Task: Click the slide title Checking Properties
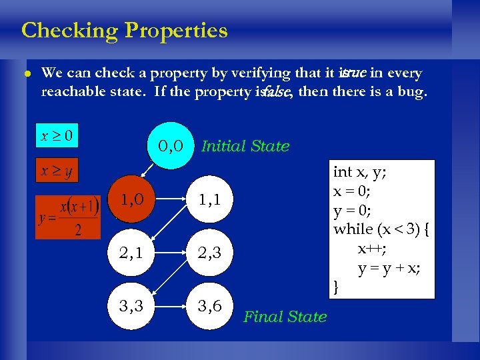pyautogui.click(x=124, y=31)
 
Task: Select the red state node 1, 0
pyautogui.click(x=133, y=199)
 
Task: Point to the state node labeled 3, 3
pyautogui.click(x=133, y=305)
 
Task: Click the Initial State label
pyautogui.click(x=245, y=146)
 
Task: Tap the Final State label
pyautogui.click(x=285, y=317)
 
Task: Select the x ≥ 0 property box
pyautogui.click(x=57, y=137)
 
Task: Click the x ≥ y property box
pyautogui.click(x=57, y=171)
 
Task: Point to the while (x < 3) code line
pyautogui.click(x=382, y=229)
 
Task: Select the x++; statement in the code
pyautogui.click(x=371, y=249)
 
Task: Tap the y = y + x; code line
pyautogui.click(x=389, y=268)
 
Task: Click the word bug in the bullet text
pyautogui.click(x=409, y=91)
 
